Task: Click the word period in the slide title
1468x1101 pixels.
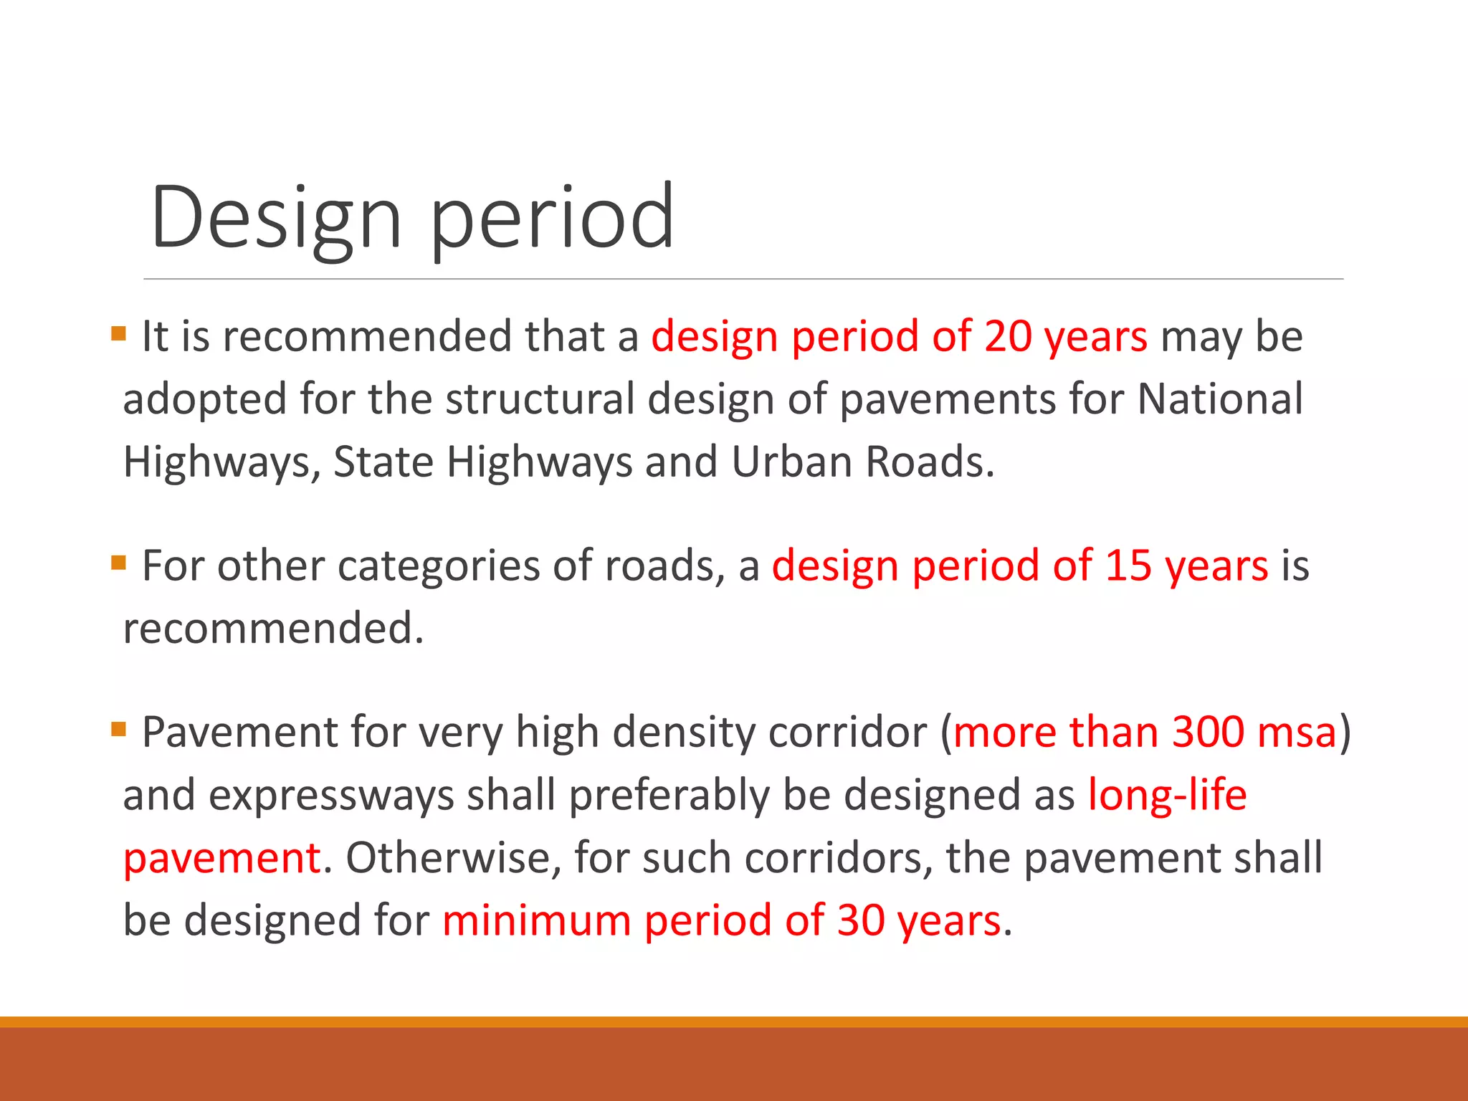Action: coord(552,219)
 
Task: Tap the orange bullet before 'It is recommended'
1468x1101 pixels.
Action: coord(118,333)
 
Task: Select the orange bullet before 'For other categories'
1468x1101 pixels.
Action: coord(118,563)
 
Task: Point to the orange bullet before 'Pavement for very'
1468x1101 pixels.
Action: coord(118,730)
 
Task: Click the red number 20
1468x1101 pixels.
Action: coord(1007,336)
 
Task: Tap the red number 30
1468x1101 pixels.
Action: coord(860,920)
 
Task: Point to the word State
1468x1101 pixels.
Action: coord(383,462)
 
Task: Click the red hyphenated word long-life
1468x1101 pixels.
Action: coord(1167,796)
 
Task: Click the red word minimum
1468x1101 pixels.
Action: coord(536,920)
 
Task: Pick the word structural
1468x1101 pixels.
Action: coord(540,399)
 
